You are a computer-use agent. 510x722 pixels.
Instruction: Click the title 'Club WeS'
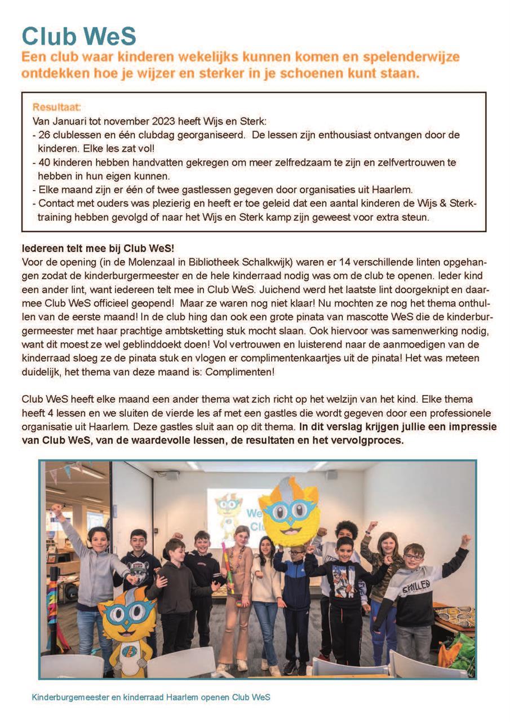click(x=79, y=36)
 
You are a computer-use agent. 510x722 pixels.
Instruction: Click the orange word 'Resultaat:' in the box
click(x=57, y=107)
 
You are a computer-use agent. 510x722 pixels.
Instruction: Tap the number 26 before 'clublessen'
click(x=45, y=135)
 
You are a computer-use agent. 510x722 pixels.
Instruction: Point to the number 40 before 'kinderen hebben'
click(x=45, y=162)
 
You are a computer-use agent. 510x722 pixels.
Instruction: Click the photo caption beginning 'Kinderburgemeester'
click(x=151, y=697)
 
